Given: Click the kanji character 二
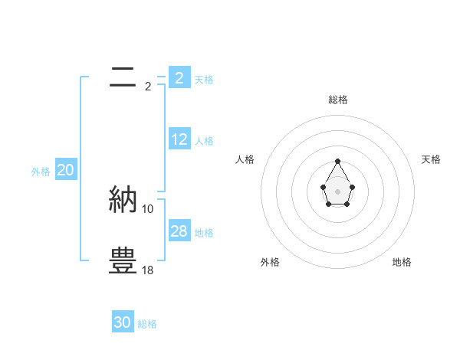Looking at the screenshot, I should (x=123, y=77).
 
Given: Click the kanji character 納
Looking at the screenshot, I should (x=123, y=200).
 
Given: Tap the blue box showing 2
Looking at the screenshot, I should (x=179, y=78).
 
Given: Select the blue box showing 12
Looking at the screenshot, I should (x=179, y=139).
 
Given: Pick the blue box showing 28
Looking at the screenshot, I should (x=179, y=231).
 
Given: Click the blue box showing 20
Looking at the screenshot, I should (x=65, y=170).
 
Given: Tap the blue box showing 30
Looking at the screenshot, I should (x=123, y=322).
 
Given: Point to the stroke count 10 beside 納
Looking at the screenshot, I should (x=148, y=209).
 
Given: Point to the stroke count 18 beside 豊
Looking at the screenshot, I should (x=148, y=270).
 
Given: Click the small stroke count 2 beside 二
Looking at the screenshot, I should (x=148, y=87).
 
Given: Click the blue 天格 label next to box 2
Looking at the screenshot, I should (x=204, y=79).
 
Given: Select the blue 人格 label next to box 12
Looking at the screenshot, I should (x=204, y=141).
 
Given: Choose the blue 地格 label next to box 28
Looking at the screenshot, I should (x=204, y=233).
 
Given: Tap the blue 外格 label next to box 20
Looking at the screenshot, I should (x=41, y=172).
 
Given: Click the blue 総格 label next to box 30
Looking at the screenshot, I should (x=147, y=324).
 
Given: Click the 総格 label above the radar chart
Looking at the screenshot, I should (x=337, y=100).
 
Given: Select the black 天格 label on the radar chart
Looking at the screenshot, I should (x=431, y=159).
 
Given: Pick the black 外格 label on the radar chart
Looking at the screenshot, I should (x=270, y=262).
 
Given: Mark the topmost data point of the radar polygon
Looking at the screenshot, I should (x=337, y=161).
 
